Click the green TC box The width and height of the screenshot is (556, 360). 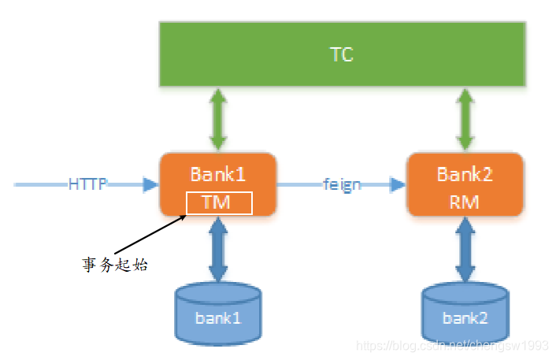tap(342, 54)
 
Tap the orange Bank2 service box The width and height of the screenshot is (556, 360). tap(465, 184)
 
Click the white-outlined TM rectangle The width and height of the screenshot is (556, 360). tap(218, 202)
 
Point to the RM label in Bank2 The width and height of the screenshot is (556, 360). tap(465, 202)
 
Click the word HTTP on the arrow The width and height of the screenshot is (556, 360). tap(87, 184)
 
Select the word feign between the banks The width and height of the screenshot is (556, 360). tap(342, 184)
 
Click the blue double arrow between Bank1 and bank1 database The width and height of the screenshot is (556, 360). tap(218, 248)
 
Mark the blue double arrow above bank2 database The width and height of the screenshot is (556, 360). tap(465, 248)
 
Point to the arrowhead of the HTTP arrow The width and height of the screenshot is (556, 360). tap(151, 184)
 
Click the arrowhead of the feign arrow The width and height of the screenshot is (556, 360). tap(397, 184)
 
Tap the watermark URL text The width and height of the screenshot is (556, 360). tap(452, 345)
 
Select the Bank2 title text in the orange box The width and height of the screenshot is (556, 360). tap(465, 174)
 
